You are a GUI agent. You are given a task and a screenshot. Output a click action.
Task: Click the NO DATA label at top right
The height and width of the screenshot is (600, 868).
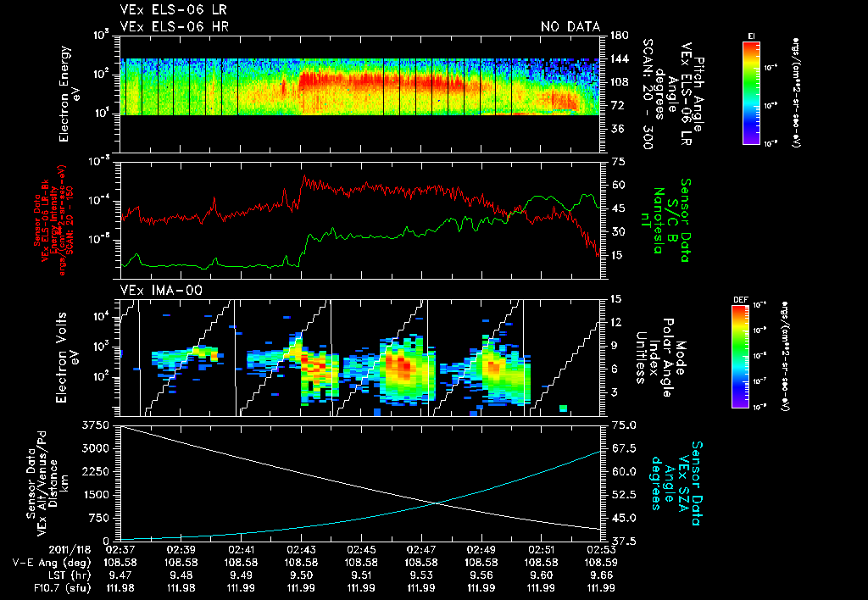pos(570,26)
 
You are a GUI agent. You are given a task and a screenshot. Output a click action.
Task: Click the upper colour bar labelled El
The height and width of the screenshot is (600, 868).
pos(751,92)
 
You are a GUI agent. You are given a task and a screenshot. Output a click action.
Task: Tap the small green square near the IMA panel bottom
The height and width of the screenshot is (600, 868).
pos(563,409)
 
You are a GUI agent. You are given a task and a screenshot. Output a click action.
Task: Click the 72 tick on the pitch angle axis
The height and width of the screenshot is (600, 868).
pos(616,106)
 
